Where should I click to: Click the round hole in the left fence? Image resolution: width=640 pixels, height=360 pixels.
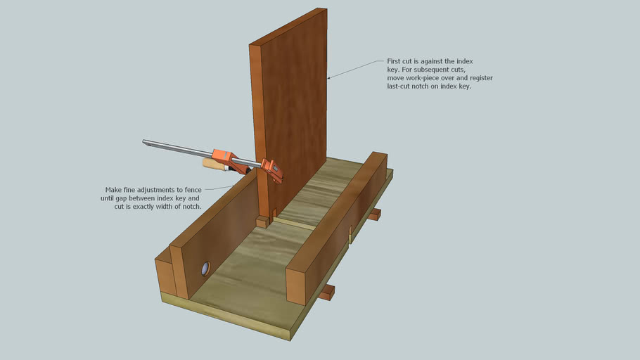click(205, 268)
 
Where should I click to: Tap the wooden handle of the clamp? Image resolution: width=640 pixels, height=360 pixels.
click(212, 165)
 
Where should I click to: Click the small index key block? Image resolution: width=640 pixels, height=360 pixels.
click(262, 222)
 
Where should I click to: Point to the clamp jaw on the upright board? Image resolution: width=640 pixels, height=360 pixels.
click(274, 170)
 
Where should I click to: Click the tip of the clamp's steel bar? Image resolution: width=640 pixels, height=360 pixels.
click(144, 142)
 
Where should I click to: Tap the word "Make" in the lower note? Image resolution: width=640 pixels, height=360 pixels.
click(114, 190)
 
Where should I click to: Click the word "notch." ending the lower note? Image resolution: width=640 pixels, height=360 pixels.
click(191, 207)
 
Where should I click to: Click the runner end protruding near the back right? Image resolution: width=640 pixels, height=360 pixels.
click(374, 213)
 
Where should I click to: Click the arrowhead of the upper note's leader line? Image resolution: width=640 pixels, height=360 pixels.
click(329, 77)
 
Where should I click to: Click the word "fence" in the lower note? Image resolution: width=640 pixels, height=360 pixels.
click(191, 190)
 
